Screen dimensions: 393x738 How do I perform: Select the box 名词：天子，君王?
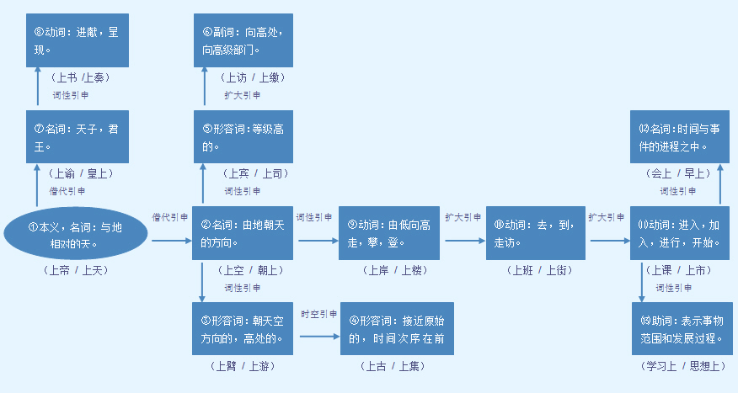coord(77,136)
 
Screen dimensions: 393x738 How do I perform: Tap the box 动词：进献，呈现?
coord(77,40)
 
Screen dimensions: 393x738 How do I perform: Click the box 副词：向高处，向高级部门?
coord(243,40)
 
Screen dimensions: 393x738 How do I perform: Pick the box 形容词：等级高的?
coord(243,136)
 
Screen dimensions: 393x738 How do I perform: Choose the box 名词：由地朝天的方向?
coord(243,234)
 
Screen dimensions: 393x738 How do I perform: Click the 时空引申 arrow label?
coord(319,314)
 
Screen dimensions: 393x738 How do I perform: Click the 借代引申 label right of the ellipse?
coord(169,217)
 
